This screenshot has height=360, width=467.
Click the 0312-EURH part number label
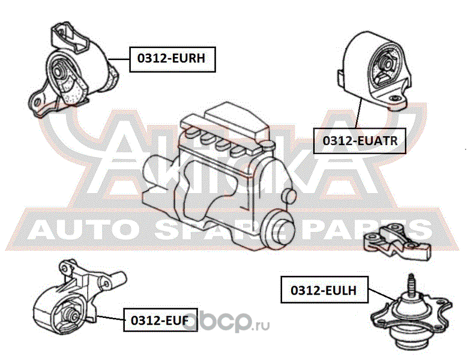coord(172,59)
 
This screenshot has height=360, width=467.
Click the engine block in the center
coord(216,174)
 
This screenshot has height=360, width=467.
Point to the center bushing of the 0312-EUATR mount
coord(384,64)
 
